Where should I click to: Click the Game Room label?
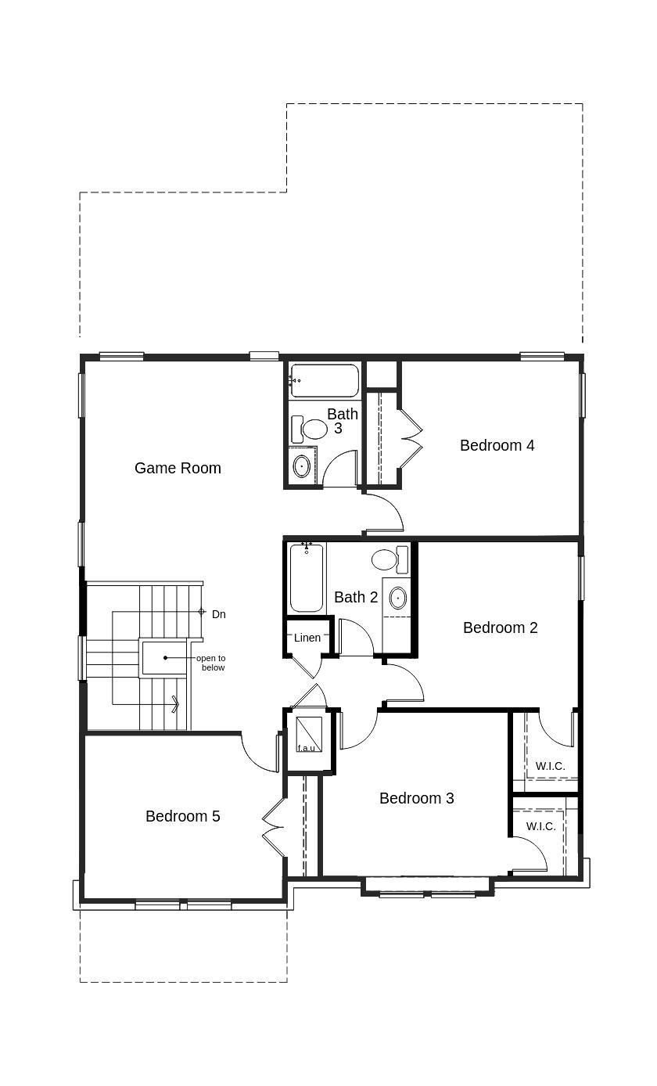tap(178, 468)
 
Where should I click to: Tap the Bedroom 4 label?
tap(497, 445)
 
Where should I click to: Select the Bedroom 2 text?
tap(500, 628)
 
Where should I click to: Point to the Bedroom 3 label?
tap(416, 798)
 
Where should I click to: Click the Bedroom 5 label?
tap(182, 816)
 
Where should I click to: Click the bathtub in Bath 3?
tap(324, 381)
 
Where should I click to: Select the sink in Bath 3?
tap(301, 466)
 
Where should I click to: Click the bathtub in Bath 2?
tap(306, 578)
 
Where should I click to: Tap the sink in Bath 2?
tap(397, 598)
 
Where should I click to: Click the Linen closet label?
tap(307, 638)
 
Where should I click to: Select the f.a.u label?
tap(306, 748)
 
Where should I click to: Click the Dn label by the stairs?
tap(219, 614)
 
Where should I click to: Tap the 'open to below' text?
tap(210, 663)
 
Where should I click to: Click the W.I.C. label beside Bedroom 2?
tap(550, 766)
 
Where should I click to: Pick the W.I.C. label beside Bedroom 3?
tap(540, 826)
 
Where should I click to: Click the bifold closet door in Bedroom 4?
tap(411, 437)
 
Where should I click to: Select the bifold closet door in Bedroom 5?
tap(272, 827)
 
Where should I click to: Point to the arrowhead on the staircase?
tap(176, 705)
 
